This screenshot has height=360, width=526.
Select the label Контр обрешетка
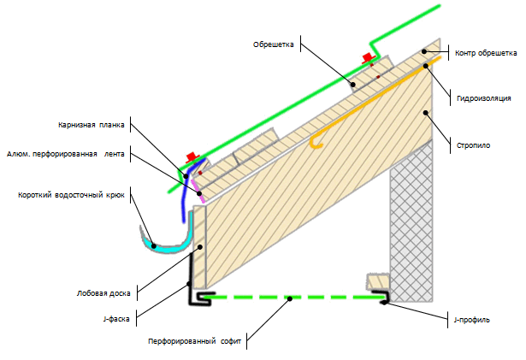(484, 53)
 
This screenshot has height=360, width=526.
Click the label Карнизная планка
(92, 124)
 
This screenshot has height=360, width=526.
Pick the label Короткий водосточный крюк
(71, 194)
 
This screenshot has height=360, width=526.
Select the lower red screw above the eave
(192, 159)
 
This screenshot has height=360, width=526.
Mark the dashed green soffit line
(291, 298)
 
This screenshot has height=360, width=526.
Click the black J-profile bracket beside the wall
(384, 298)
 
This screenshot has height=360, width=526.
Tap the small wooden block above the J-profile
(377, 281)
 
